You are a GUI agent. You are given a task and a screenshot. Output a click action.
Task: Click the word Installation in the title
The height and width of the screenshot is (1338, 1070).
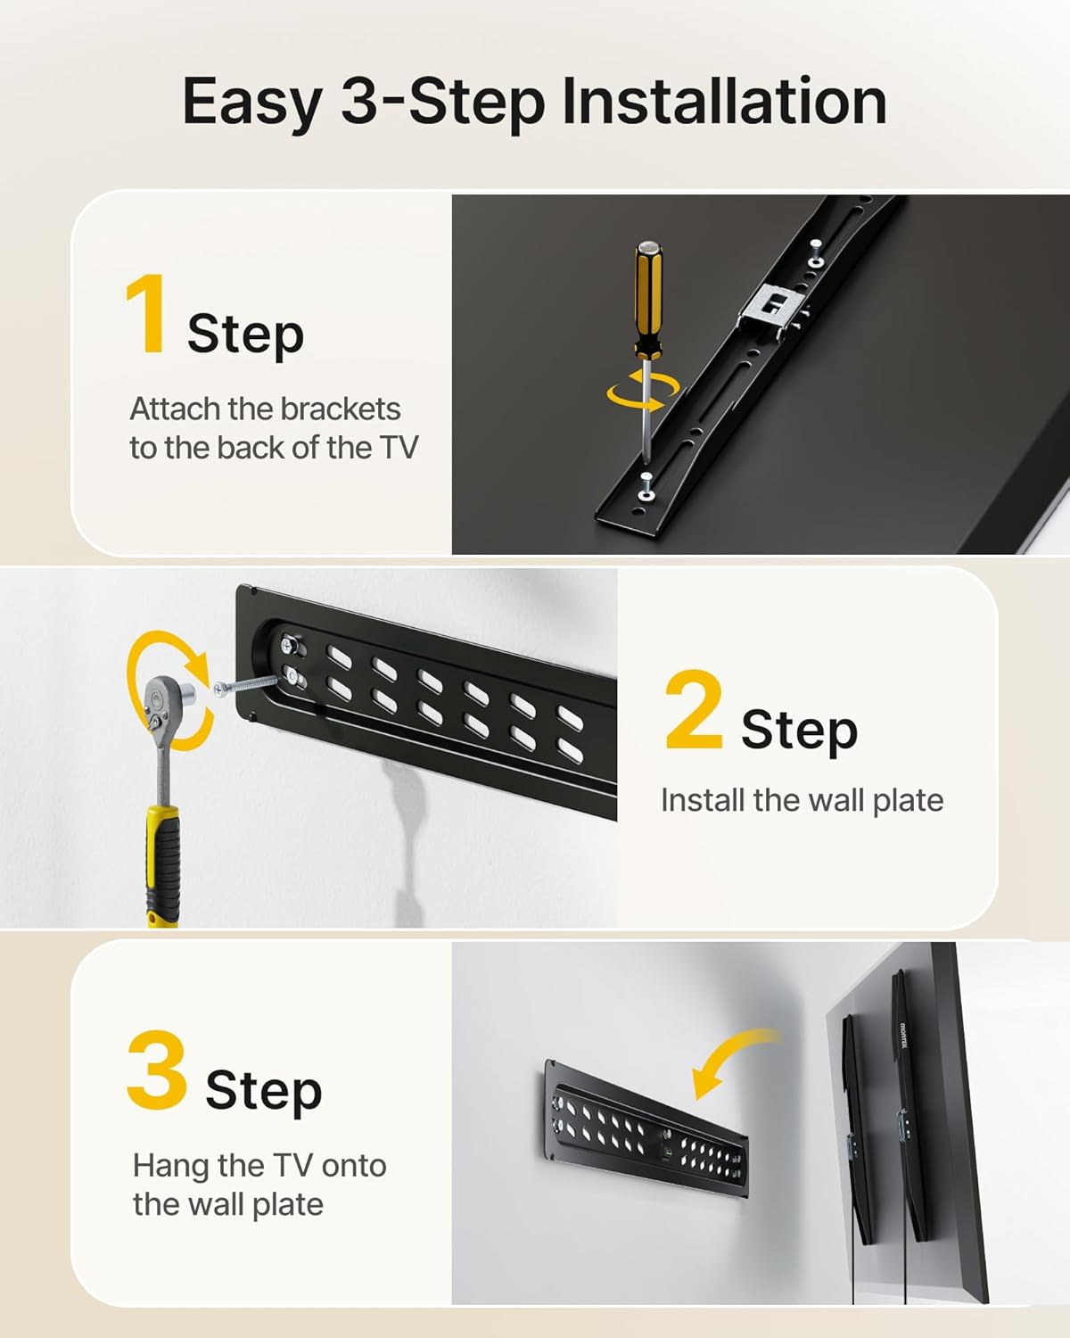point(724,102)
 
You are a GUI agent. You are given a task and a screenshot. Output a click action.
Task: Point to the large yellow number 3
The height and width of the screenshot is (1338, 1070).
point(157,1070)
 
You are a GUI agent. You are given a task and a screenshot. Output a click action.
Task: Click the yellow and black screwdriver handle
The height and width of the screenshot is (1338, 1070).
point(648,299)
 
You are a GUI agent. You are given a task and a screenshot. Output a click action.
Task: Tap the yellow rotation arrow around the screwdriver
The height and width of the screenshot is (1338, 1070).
point(642,392)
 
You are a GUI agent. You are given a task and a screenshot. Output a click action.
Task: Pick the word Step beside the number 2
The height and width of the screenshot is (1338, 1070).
point(799,730)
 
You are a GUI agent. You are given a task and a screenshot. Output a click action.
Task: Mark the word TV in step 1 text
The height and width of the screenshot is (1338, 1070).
point(399,448)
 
